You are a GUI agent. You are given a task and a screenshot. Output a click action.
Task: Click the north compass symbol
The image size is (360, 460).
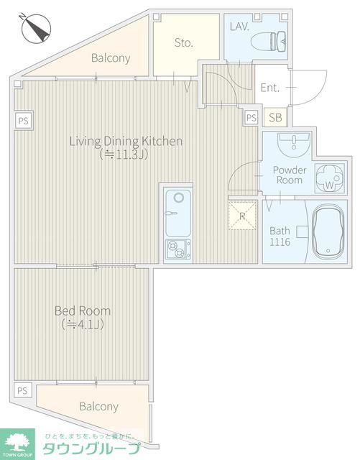click(x=35, y=28)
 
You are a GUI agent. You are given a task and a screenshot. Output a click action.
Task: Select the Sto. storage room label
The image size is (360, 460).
click(x=184, y=43)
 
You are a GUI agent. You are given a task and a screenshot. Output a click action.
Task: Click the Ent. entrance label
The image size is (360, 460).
click(x=270, y=88)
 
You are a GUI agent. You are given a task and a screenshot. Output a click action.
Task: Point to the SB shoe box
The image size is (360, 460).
click(x=275, y=117)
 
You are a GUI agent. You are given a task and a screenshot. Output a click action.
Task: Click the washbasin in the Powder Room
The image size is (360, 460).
click(x=294, y=144)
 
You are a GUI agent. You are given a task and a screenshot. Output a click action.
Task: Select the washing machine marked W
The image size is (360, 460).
click(x=329, y=178)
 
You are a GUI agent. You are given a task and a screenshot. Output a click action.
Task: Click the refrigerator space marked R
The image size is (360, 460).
click(x=242, y=216)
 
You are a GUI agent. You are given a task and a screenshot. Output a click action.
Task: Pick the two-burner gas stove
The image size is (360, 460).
click(x=177, y=249)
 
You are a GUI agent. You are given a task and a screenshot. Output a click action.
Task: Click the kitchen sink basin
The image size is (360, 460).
click(x=177, y=213)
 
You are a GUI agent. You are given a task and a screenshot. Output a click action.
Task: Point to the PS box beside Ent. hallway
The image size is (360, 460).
click(x=251, y=118)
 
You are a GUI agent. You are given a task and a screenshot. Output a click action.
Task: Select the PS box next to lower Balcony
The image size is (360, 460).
click(x=22, y=390)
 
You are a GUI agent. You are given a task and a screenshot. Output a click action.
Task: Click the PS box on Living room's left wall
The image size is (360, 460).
click(x=24, y=121)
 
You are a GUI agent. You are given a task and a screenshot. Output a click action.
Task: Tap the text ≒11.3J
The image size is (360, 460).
click(x=123, y=155)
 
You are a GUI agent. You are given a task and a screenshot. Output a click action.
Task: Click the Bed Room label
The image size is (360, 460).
click(x=83, y=311)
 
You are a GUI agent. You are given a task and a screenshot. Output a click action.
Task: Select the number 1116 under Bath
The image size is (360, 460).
click(x=280, y=242)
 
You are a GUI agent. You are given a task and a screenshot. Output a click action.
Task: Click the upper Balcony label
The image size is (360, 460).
click(x=111, y=57)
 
